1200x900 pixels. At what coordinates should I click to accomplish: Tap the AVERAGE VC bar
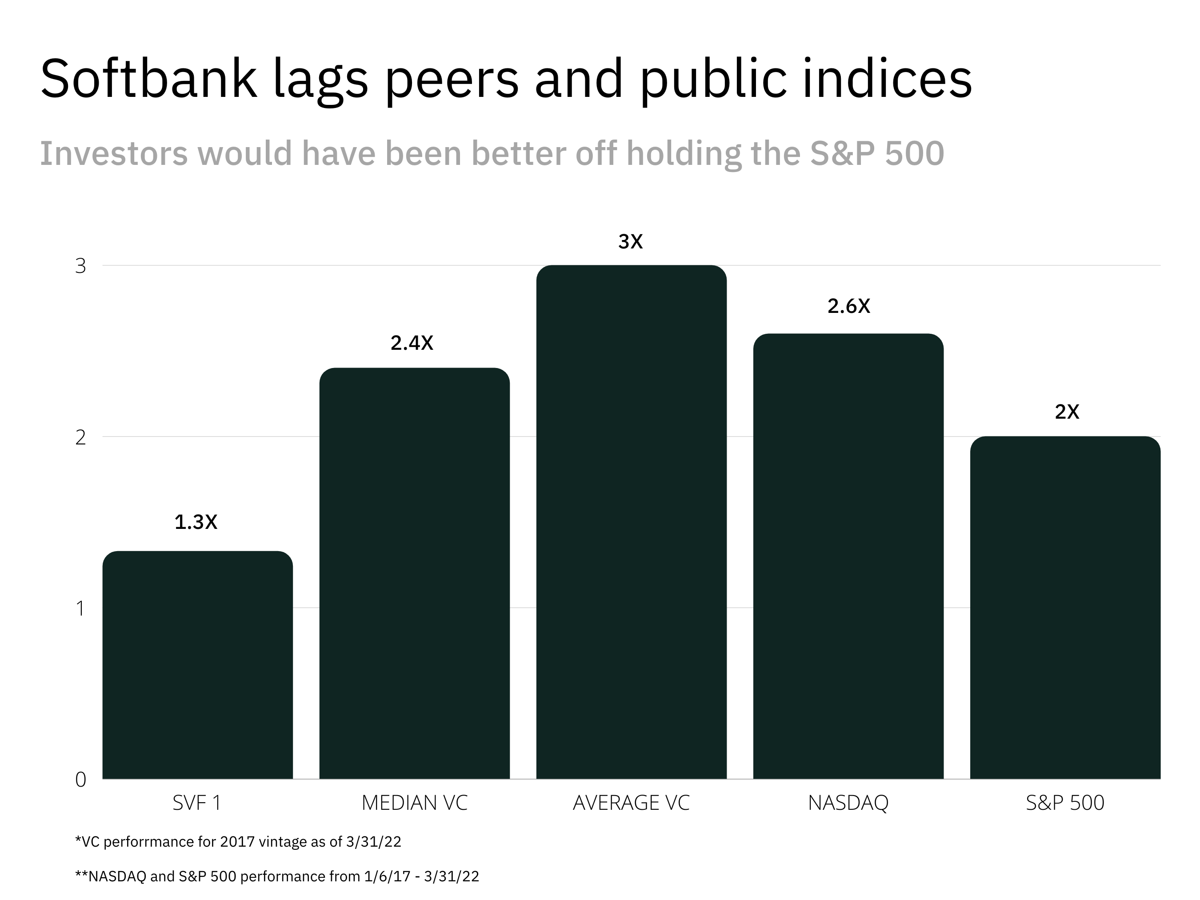point(631,522)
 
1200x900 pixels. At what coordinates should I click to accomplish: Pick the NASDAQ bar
point(848,556)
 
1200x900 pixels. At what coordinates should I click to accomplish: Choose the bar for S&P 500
point(1065,608)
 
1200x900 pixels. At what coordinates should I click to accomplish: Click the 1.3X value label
point(196,522)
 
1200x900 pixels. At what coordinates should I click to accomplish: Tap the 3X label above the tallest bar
point(630,241)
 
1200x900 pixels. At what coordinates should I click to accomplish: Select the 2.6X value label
point(848,307)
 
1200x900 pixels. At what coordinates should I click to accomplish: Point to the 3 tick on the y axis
point(80,266)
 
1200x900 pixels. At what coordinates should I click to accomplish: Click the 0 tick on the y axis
point(80,780)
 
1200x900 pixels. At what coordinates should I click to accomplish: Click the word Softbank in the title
point(148,79)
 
